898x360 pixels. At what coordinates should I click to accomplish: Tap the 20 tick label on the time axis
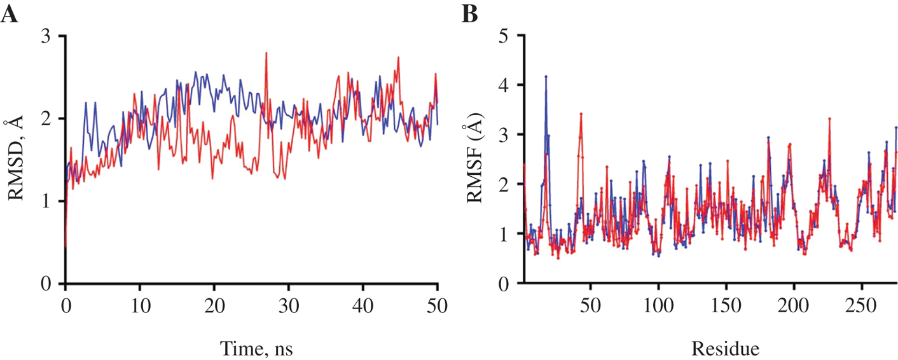214,303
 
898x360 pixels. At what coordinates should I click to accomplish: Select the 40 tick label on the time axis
363,303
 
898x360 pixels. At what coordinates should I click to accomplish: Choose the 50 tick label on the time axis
438,303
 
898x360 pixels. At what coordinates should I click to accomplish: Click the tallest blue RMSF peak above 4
546,77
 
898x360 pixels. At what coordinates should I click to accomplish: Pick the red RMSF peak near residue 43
581,114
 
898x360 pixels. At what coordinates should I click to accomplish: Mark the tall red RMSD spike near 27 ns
266,53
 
